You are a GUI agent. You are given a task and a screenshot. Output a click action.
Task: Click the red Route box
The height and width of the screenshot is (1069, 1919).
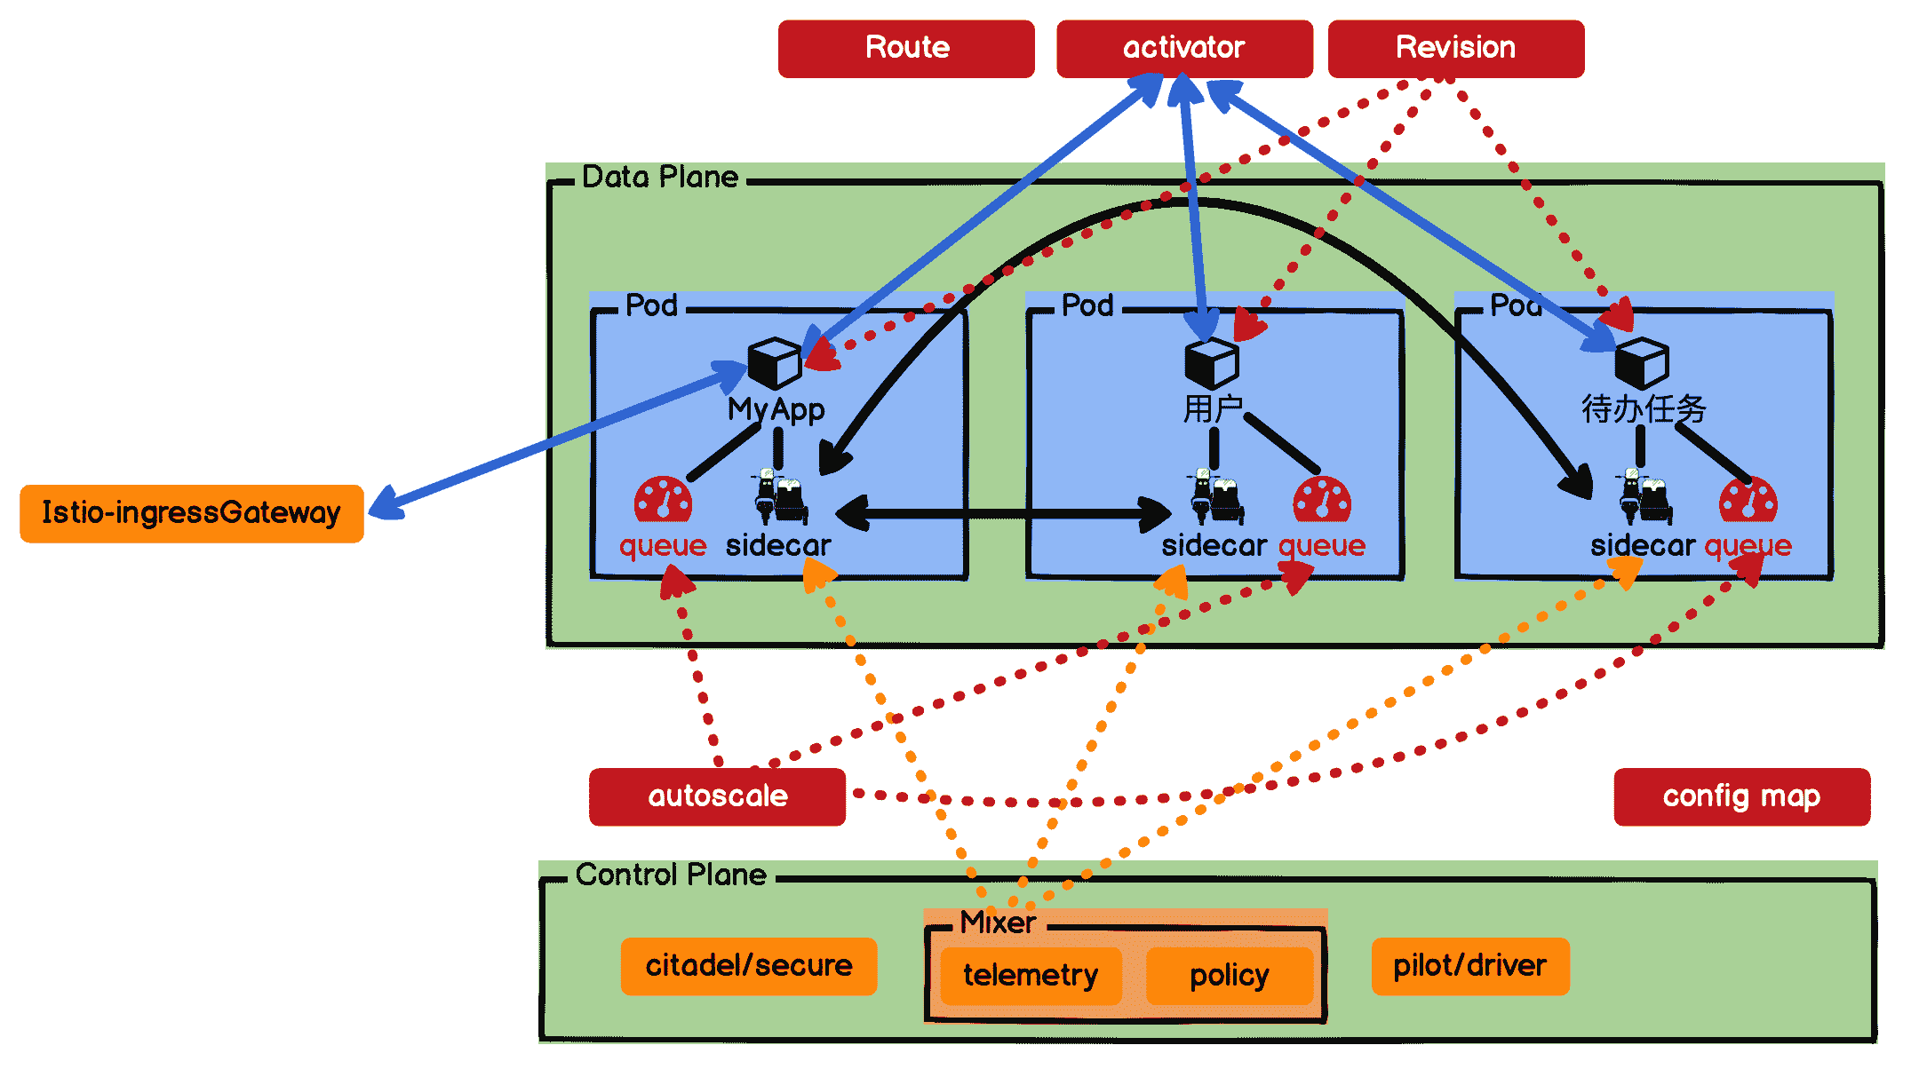click(x=906, y=49)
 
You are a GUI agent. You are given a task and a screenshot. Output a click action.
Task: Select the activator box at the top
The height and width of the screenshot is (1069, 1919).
click(x=1184, y=49)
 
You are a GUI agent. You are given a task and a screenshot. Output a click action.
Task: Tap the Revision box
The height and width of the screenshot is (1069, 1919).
click(x=1455, y=49)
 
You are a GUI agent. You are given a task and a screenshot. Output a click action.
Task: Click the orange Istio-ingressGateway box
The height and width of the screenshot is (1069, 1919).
click(x=192, y=513)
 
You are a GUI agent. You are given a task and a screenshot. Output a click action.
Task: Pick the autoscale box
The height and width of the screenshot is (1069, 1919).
click(x=717, y=796)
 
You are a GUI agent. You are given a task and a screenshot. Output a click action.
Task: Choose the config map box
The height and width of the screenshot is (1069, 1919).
click(x=1741, y=796)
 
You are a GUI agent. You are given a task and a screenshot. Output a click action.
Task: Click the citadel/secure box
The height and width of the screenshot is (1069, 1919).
click(x=748, y=966)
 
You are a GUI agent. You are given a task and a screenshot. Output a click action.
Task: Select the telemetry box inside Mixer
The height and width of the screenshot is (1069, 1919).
click(x=1031, y=976)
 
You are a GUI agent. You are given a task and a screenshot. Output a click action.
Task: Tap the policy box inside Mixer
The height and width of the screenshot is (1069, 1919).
click(x=1230, y=976)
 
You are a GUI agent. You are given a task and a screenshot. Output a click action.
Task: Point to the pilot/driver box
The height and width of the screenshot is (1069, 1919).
click(x=1469, y=966)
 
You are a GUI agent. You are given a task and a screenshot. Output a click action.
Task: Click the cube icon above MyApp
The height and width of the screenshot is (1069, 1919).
click(x=774, y=362)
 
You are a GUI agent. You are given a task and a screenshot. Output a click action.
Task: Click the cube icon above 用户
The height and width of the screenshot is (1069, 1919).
click(x=1211, y=362)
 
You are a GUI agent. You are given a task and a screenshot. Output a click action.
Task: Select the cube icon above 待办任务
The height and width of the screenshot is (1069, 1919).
click(x=1641, y=362)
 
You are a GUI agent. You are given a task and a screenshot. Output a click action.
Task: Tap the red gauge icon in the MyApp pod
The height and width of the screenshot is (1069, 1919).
click(x=663, y=500)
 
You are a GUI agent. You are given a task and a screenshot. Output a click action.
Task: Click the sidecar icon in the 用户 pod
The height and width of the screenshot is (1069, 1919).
click(x=1214, y=497)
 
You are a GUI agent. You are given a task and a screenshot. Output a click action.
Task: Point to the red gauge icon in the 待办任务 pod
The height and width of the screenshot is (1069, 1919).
click(x=1748, y=500)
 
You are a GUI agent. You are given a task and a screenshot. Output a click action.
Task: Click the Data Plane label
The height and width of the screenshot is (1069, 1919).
click(x=659, y=178)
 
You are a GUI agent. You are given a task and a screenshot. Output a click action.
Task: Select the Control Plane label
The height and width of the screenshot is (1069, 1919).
click(x=671, y=875)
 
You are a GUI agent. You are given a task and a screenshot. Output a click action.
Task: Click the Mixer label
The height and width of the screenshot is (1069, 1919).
click(x=998, y=923)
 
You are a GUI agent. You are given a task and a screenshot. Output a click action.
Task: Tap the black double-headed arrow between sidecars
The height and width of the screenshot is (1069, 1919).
click(x=1004, y=513)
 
